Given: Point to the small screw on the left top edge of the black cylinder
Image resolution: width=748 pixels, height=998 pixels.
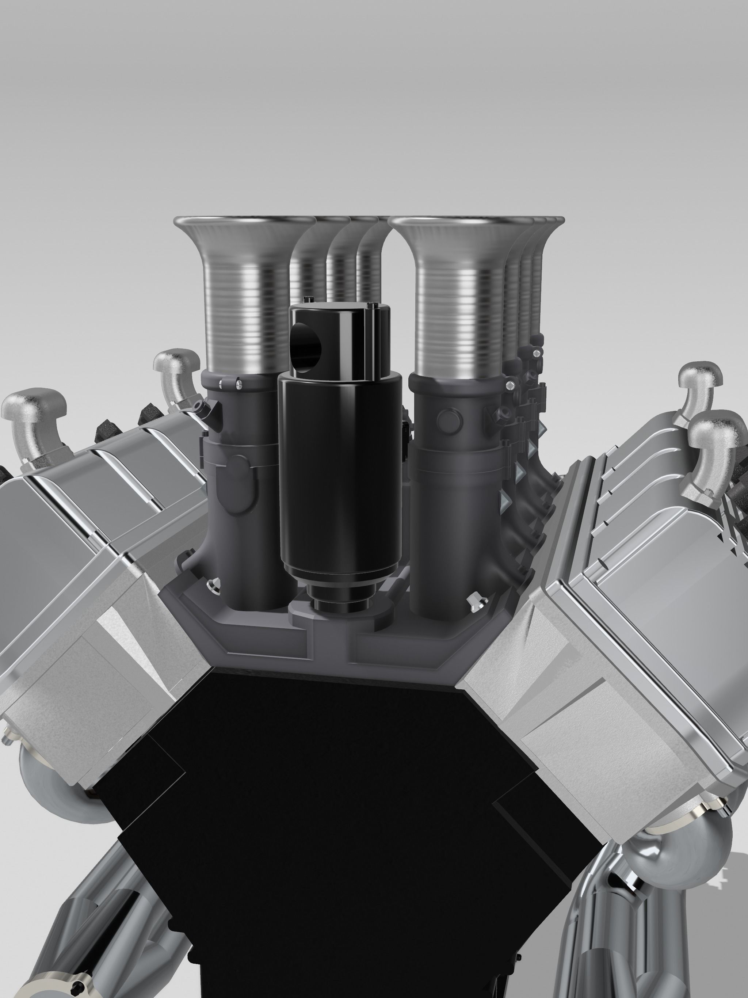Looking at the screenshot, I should [307, 299].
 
